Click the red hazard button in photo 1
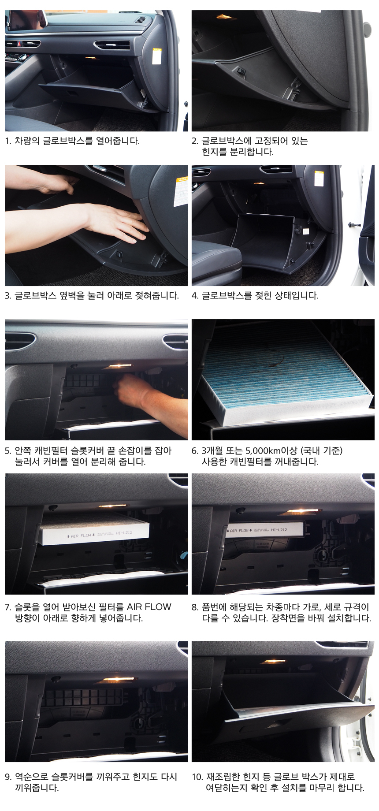pos(19,44)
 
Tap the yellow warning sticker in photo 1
pos(156,56)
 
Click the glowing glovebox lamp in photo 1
pos(91,58)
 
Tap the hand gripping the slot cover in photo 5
pos(132,390)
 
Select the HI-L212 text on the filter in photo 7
pos(124,533)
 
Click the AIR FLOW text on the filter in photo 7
pos(81,536)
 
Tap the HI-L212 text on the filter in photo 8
pos(279,529)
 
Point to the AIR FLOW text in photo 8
pos(239,531)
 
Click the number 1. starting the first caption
pos(8,141)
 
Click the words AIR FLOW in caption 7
pos(149,606)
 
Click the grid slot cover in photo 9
pos(84,697)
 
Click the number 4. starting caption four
pos(195,295)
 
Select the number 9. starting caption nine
pos(8,777)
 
